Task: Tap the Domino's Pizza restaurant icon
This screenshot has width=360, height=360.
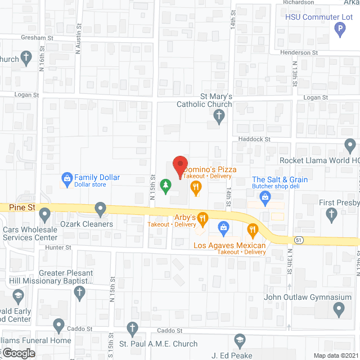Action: click(196, 187)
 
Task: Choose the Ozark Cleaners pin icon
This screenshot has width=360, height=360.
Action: click(101, 210)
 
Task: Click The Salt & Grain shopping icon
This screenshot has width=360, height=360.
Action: click(264, 197)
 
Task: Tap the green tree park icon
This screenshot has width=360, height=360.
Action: click(165, 185)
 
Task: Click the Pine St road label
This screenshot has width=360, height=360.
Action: click(22, 207)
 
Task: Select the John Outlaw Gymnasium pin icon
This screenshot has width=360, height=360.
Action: click(339, 308)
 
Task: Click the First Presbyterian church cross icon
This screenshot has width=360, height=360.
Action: click(331, 214)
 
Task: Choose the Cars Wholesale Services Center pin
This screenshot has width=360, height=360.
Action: click(44, 214)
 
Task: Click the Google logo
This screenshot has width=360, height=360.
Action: click(18, 353)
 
